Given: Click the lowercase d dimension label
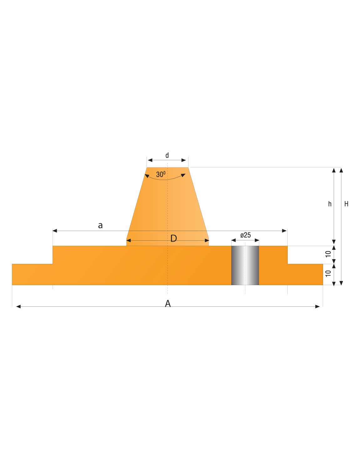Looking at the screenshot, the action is [167, 155].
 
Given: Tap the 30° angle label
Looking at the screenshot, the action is [161, 174].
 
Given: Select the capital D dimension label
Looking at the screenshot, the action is [173, 239].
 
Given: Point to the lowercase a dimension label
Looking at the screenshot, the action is [100, 225].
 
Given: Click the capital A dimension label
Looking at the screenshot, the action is [168, 304].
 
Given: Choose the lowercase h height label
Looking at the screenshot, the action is [330, 204].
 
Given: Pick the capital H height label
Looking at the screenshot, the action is [347, 204].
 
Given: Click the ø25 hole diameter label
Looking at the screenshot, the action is [246, 235].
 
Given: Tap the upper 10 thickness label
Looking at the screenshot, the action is [328, 254].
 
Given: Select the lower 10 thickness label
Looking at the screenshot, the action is [328, 274].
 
